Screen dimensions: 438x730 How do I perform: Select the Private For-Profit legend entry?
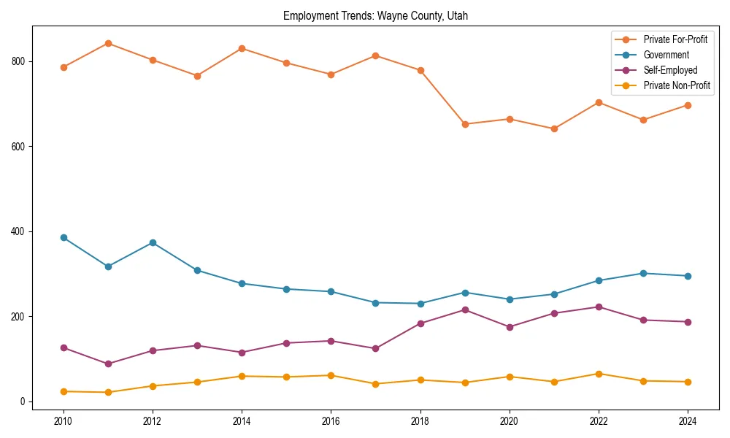(675, 39)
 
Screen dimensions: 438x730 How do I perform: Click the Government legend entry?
(666, 55)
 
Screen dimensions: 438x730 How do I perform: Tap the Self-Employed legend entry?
(670, 70)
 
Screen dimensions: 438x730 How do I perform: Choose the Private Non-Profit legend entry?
(677, 85)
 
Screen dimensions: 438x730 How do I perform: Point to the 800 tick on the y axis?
(20, 61)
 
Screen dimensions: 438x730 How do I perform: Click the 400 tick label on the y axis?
(20, 231)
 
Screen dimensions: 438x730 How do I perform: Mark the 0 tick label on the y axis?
(24, 401)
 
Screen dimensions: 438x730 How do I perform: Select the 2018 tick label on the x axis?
(420, 420)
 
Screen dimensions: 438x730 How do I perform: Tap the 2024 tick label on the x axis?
(688, 420)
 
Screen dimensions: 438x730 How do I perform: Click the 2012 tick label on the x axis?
(153, 420)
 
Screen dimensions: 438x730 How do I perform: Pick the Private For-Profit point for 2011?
(108, 43)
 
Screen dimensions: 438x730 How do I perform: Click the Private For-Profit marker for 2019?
(465, 124)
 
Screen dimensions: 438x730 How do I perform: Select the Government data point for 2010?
(64, 237)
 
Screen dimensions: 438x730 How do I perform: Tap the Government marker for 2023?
(643, 273)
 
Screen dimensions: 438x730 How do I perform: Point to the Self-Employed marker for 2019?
(465, 310)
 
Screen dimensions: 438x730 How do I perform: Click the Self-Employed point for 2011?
(108, 364)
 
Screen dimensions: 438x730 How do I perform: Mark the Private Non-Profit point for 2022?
(599, 374)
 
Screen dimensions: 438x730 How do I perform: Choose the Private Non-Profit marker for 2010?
(64, 391)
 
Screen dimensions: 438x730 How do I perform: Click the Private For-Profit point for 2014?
(242, 48)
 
